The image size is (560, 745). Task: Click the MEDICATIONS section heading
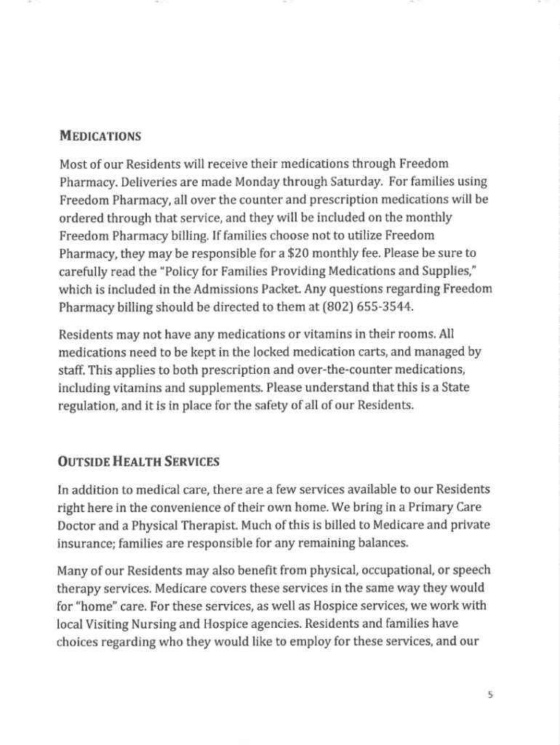[100, 136]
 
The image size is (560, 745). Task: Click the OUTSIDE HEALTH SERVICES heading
[138, 462]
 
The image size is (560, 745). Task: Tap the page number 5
[490, 694]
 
